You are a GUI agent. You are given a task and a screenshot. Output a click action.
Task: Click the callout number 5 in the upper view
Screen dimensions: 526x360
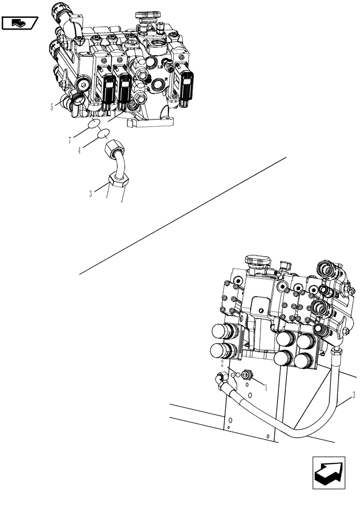coord(52,107)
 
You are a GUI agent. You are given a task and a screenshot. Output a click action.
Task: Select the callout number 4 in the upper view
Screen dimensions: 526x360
coord(80,151)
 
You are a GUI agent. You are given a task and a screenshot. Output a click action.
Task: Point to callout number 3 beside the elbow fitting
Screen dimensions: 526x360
coord(91,194)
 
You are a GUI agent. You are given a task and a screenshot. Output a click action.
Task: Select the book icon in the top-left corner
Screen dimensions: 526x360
coord(19,23)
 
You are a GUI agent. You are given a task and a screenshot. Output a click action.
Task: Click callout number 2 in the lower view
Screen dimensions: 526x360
coord(222,363)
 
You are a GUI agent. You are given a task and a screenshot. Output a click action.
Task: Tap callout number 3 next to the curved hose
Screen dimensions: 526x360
coord(353,394)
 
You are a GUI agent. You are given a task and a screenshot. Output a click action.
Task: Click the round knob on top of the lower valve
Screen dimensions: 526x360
coord(257,261)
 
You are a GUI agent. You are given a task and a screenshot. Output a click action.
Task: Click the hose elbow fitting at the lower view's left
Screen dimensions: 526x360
coord(222,377)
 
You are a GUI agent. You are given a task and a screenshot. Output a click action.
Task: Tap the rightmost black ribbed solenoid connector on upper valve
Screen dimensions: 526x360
coord(186,83)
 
